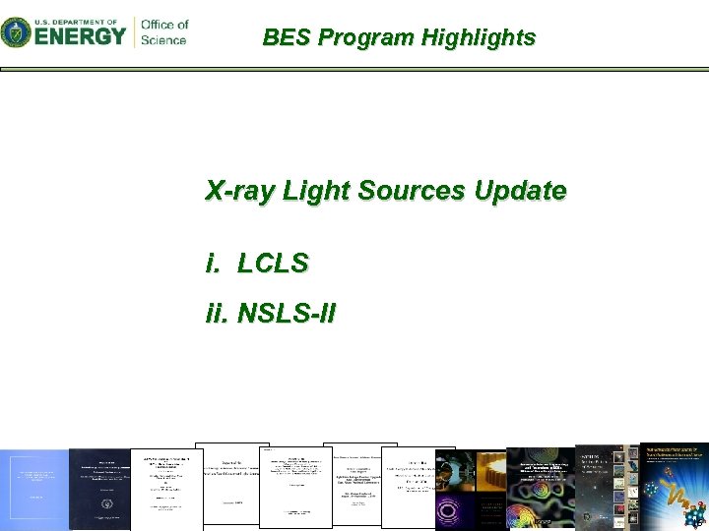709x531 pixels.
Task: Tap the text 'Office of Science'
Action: pos(163,32)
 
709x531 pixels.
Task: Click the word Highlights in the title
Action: pos(479,38)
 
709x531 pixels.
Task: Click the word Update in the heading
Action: pos(520,190)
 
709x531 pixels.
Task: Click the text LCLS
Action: pos(273,263)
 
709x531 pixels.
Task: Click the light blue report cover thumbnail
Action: pos(33,490)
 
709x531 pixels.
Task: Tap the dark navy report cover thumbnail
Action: pos(99,489)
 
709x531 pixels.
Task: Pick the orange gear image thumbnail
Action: pos(489,472)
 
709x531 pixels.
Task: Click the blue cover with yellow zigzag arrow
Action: pos(675,486)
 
